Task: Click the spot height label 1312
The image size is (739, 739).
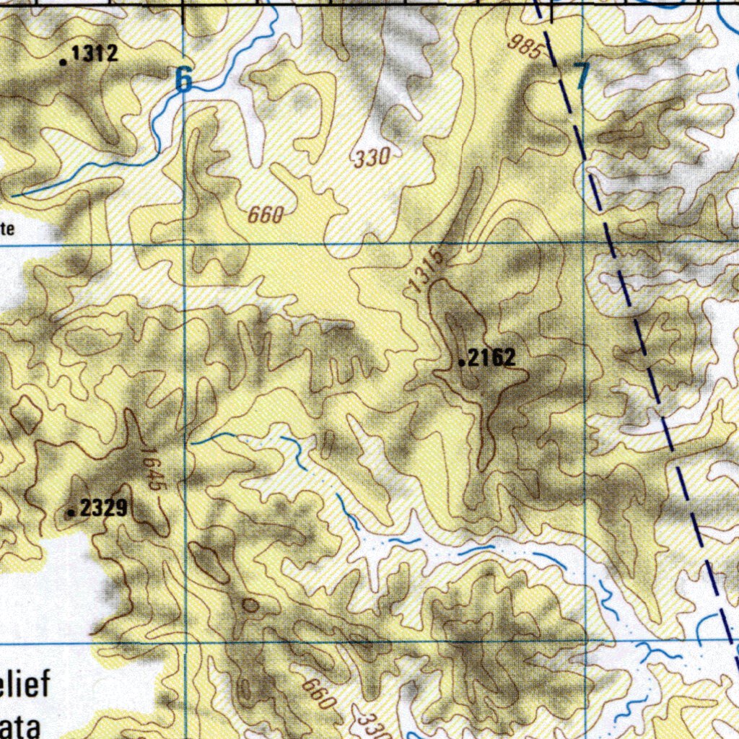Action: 95,53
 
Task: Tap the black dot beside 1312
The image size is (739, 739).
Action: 64,62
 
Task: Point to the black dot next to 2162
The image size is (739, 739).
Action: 463,363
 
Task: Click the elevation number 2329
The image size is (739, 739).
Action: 104,509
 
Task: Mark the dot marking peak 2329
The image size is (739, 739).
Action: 71,513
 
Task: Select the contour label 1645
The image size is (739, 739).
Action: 152,471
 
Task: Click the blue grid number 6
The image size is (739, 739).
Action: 185,79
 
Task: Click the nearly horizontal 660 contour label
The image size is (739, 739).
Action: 266,214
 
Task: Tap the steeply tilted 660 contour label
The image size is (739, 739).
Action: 319,694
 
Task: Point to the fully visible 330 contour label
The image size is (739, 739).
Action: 372,157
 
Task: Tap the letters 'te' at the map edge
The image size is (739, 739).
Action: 7,229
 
